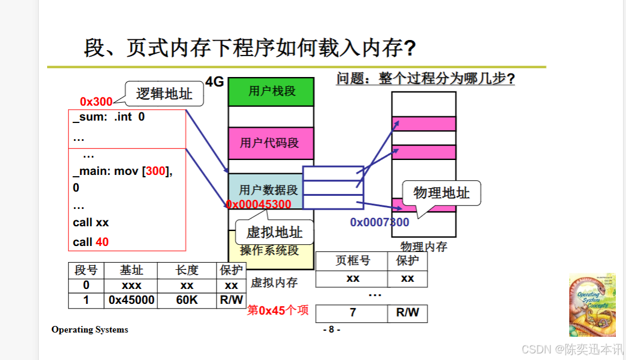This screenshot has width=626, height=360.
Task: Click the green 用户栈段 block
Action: coord(271,92)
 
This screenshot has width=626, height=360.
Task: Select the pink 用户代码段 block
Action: coord(271,143)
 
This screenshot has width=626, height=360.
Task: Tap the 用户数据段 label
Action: coord(269,190)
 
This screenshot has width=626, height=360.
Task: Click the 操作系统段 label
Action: coord(269,250)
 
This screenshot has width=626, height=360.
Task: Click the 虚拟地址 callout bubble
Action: coord(275,232)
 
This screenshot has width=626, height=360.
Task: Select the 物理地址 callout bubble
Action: coord(442,193)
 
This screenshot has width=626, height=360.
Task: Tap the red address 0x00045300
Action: coord(258,205)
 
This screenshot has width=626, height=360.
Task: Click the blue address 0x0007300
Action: coord(380,223)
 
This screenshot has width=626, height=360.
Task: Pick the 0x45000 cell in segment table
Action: coord(131,300)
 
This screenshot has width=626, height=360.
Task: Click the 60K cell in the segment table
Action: coord(187,300)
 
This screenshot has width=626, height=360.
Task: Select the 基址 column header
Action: coord(131,270)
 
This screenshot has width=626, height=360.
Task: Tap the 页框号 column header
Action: coord(352,261)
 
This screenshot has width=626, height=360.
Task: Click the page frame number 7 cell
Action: coord(353,313)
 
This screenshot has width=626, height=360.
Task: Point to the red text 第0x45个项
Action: coord(278,310)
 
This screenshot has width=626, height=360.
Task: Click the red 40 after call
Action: coord(102,242)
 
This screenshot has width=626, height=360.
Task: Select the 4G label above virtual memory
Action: coord(214,82)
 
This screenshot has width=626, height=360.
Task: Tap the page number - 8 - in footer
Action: coord(331,330)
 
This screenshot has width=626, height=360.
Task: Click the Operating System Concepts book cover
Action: coord(591,304)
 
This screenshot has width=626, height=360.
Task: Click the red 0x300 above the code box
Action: coord(96,102)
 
